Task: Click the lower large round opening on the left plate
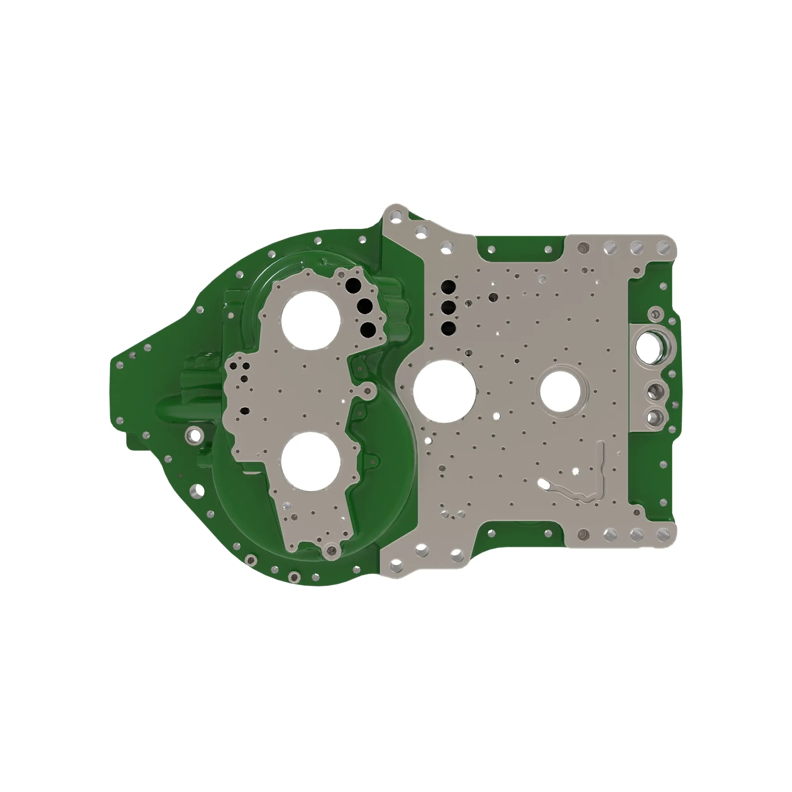[311, 461]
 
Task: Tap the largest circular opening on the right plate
[444, 392]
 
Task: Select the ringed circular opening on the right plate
[560, 390]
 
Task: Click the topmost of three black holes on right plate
[447, 286]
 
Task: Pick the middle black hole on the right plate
[447, 307]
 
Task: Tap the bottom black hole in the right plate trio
[447, 327]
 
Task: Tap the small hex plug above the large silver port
[654, 315]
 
